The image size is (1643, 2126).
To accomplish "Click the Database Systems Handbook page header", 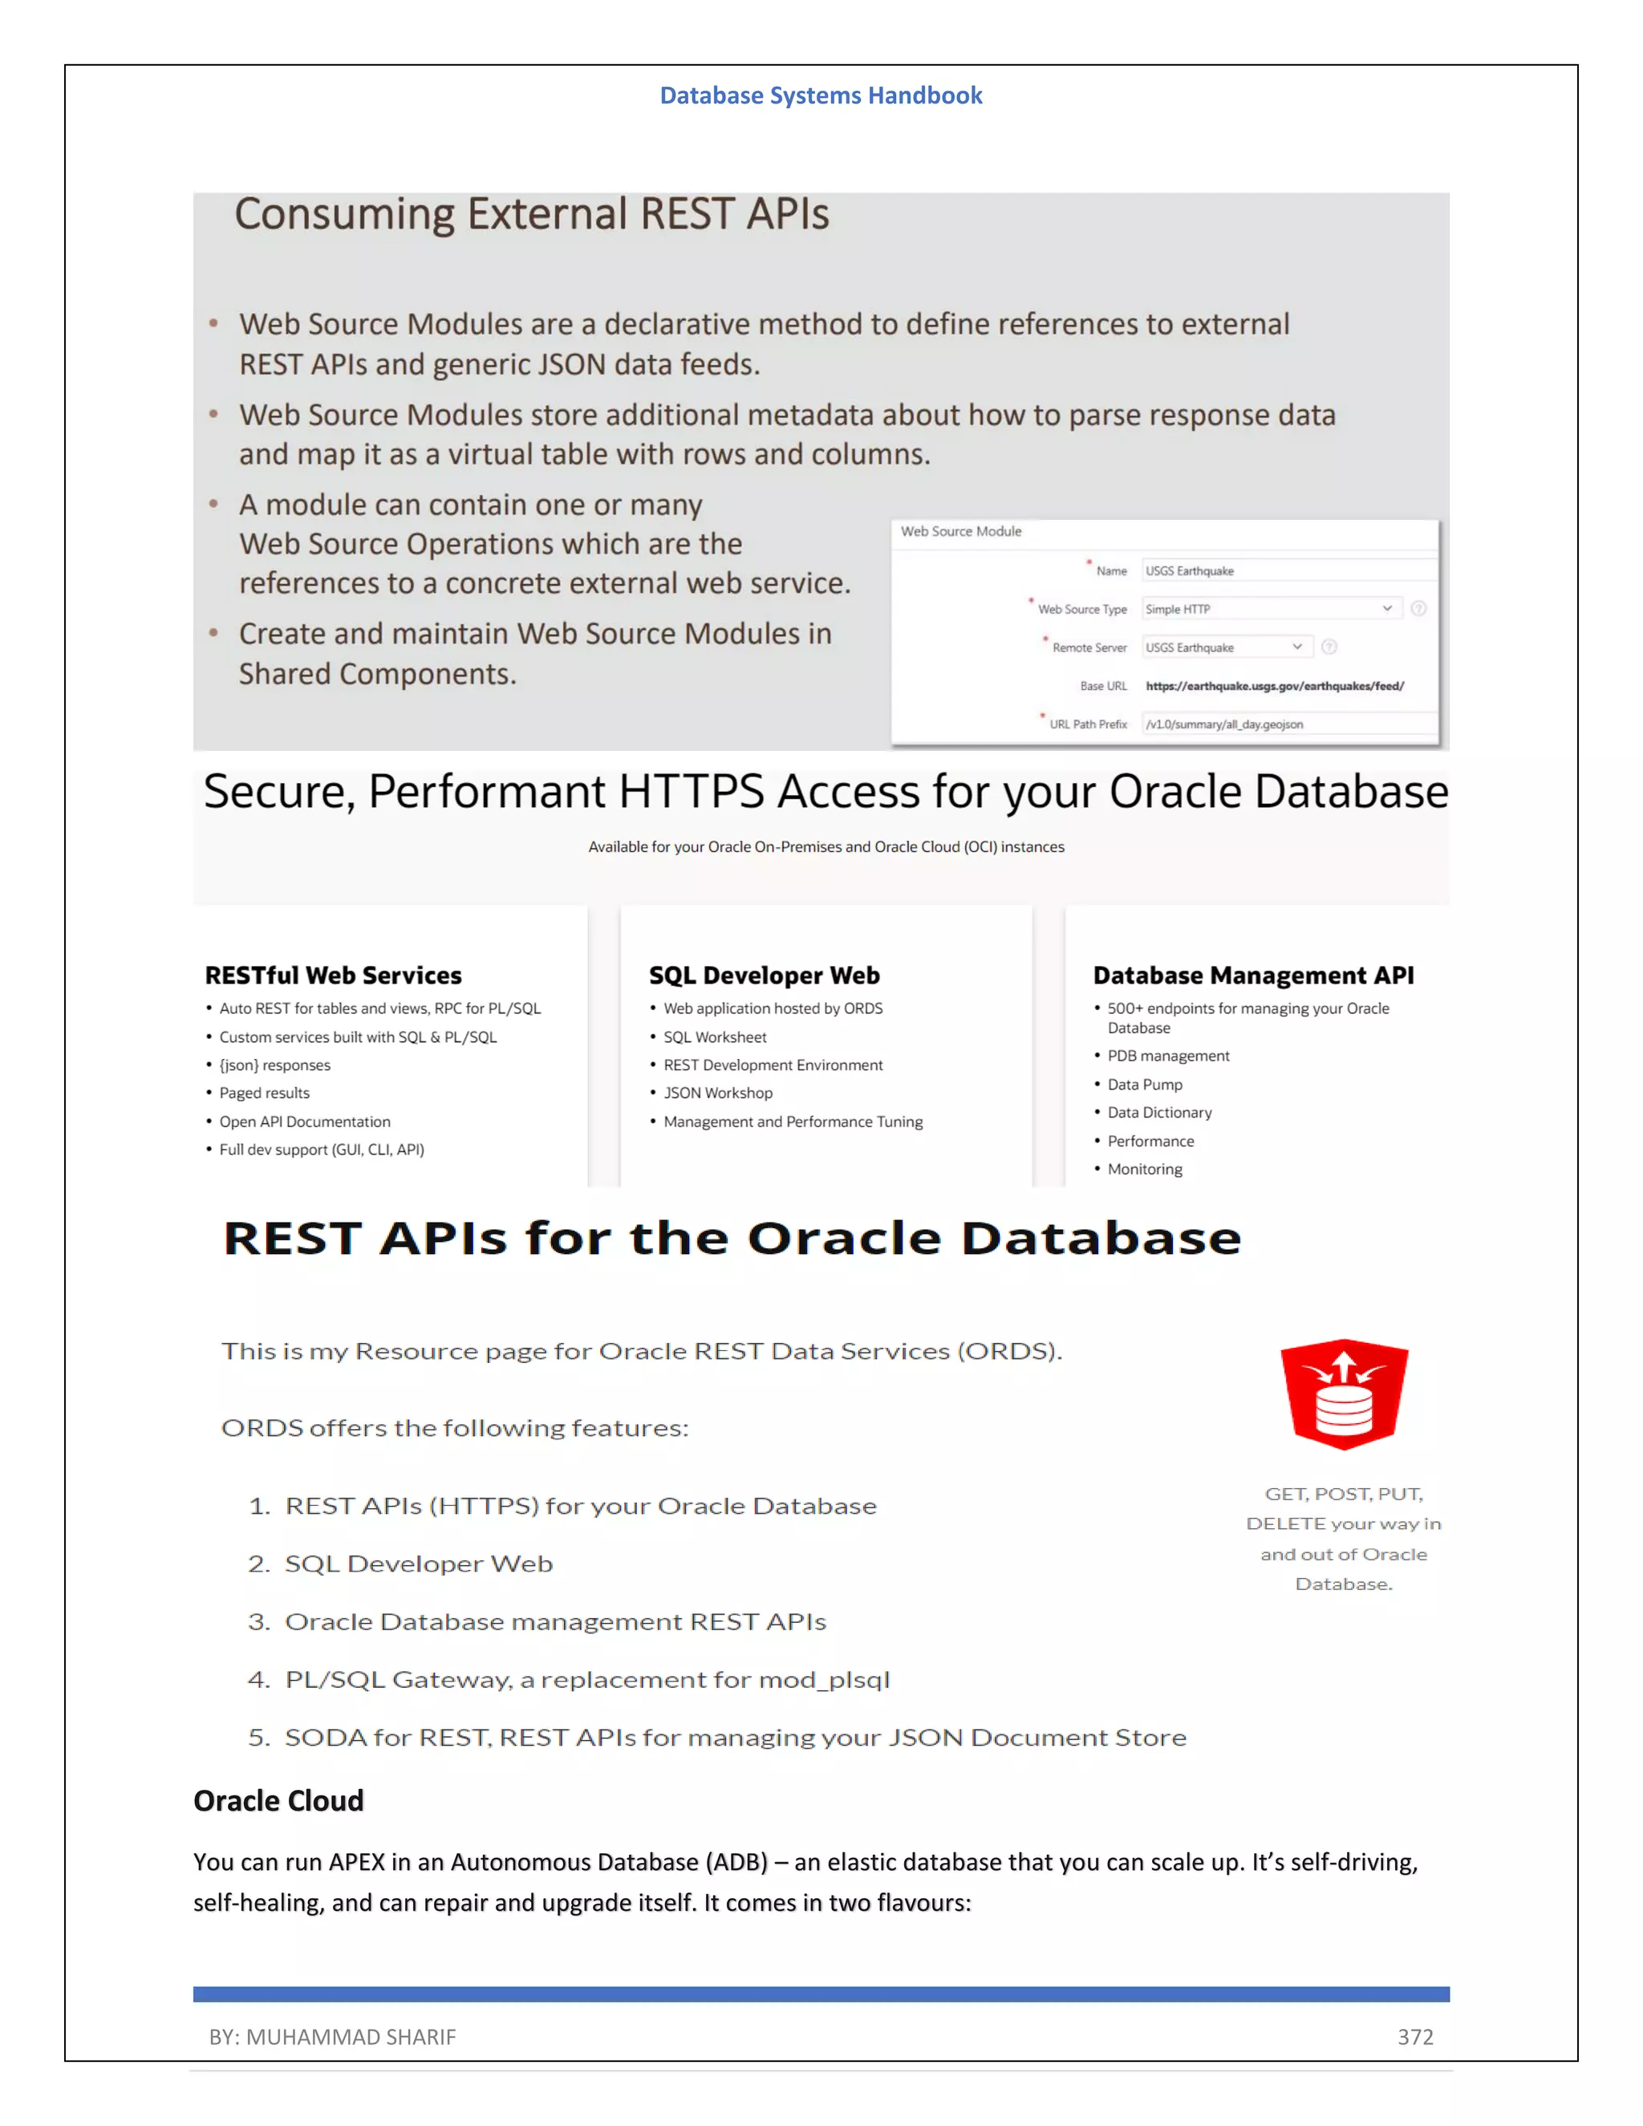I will (x=821, y=95).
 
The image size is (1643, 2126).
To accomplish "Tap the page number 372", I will (x=1414, y=2036).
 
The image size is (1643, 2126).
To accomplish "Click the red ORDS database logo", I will (x=1345, y=1394).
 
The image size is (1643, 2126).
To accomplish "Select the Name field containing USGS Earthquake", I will (x=1288, y=571).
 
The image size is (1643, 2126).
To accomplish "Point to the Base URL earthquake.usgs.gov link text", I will (x=1274, y=686).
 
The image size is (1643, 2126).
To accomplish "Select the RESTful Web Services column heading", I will (x=333, y=976).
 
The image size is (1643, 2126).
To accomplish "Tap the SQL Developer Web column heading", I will (x=764, y=976).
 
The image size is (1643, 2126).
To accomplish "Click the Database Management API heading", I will (x=1252, y=976).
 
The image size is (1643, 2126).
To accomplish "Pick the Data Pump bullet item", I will (x=1145, y=1085).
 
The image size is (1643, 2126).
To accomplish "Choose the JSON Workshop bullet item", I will (x=717, y=1093).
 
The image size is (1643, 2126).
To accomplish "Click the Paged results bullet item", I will (x=264, y=1093).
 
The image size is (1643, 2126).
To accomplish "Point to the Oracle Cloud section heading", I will (x=278, y=1801).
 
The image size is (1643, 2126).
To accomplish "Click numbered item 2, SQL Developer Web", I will (x=417, y=1564).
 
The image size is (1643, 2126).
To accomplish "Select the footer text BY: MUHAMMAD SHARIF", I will (x=332, y=2036).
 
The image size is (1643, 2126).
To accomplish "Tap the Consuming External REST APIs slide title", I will (x=531, y=214).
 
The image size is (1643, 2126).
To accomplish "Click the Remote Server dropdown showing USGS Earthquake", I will (x=1227, y=647).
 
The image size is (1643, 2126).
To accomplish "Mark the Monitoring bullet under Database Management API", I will (x=1145, y=1169).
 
